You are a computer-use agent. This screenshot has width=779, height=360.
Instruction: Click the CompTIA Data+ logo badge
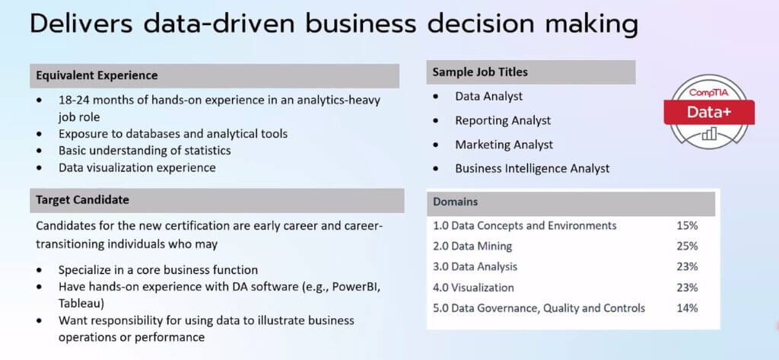(709, 112)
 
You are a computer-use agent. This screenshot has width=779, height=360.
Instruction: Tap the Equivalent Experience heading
(97, 75)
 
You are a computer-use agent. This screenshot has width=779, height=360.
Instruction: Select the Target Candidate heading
(82, 200)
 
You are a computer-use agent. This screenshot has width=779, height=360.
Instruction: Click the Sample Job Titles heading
(480, 72)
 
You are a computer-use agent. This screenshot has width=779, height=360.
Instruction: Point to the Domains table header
(456, 202)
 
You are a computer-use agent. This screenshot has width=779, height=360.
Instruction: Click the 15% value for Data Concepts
(687, 226)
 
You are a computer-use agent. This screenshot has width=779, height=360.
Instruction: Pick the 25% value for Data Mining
(687, 246)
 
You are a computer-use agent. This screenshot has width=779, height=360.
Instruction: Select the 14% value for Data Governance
(687, 308)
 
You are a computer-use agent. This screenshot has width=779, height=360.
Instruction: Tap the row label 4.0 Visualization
(473, 288)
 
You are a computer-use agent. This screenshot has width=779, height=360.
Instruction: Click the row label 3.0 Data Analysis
(475, 267)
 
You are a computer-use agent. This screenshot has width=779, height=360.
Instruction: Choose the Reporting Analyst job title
(503, 121)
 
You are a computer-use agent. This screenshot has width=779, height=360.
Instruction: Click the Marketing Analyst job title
(504, 145)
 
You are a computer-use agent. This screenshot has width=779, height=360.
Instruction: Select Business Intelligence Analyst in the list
(532, 168)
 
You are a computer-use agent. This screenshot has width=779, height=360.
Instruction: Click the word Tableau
(78, 304)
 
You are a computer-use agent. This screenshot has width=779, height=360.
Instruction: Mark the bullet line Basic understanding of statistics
(145, 150)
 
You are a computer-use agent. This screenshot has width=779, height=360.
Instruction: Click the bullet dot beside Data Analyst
(436, 97)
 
